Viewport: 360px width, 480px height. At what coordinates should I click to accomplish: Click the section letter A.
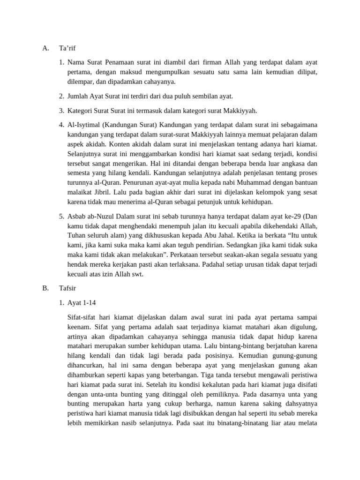45,48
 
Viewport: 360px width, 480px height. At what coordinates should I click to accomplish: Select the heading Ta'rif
67,48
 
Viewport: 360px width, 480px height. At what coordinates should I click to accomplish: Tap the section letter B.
45,289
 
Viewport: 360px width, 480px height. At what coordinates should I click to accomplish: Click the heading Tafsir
68,289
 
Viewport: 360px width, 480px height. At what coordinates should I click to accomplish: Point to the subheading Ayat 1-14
82,303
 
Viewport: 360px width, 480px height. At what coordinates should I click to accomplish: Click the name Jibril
103,193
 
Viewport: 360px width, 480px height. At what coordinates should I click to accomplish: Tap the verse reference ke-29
291,216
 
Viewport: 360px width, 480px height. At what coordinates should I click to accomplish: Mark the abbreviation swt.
136,274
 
